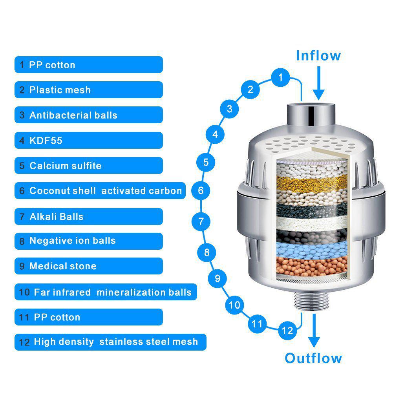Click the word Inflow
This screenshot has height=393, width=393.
[318, 55]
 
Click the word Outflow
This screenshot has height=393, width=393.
[313, 358]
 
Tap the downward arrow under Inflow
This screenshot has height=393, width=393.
[319, 83]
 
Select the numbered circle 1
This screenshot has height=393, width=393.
[280, 77]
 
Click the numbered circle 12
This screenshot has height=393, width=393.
[287, 330]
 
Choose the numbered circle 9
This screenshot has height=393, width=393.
[218, 278]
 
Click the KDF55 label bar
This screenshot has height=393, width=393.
[88, 141]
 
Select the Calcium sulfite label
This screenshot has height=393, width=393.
[88, 166]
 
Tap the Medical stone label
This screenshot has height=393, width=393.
[88, 266]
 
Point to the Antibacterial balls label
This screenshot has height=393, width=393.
[88, 115]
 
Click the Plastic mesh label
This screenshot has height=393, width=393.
[88, 90]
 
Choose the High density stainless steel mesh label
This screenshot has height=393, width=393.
[110, 342]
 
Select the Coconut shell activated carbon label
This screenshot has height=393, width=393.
[100, 191]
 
